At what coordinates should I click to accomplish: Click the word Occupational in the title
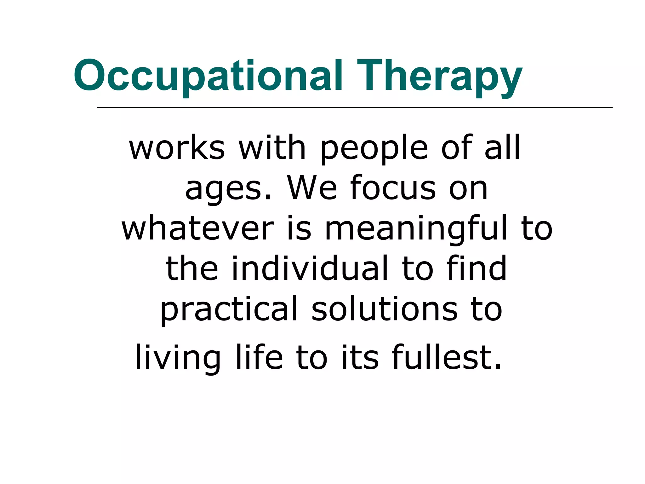[208, 76]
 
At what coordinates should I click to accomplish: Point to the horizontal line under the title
[354, 108]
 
